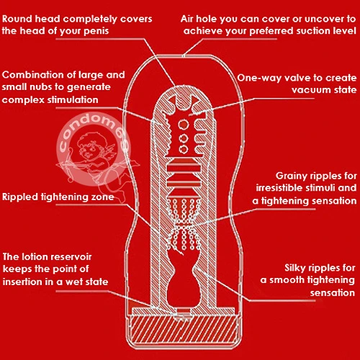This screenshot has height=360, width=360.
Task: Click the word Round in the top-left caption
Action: click(x=17, y=19)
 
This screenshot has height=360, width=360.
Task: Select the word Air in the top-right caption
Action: click(x=187, y=19)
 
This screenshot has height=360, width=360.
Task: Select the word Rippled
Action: click(x=20, y=197)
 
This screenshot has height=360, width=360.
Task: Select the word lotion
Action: click(x=32, y=257)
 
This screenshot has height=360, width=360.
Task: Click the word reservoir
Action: click(x=68, y=257)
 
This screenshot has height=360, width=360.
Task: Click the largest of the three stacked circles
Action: click(x=184, y=125)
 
